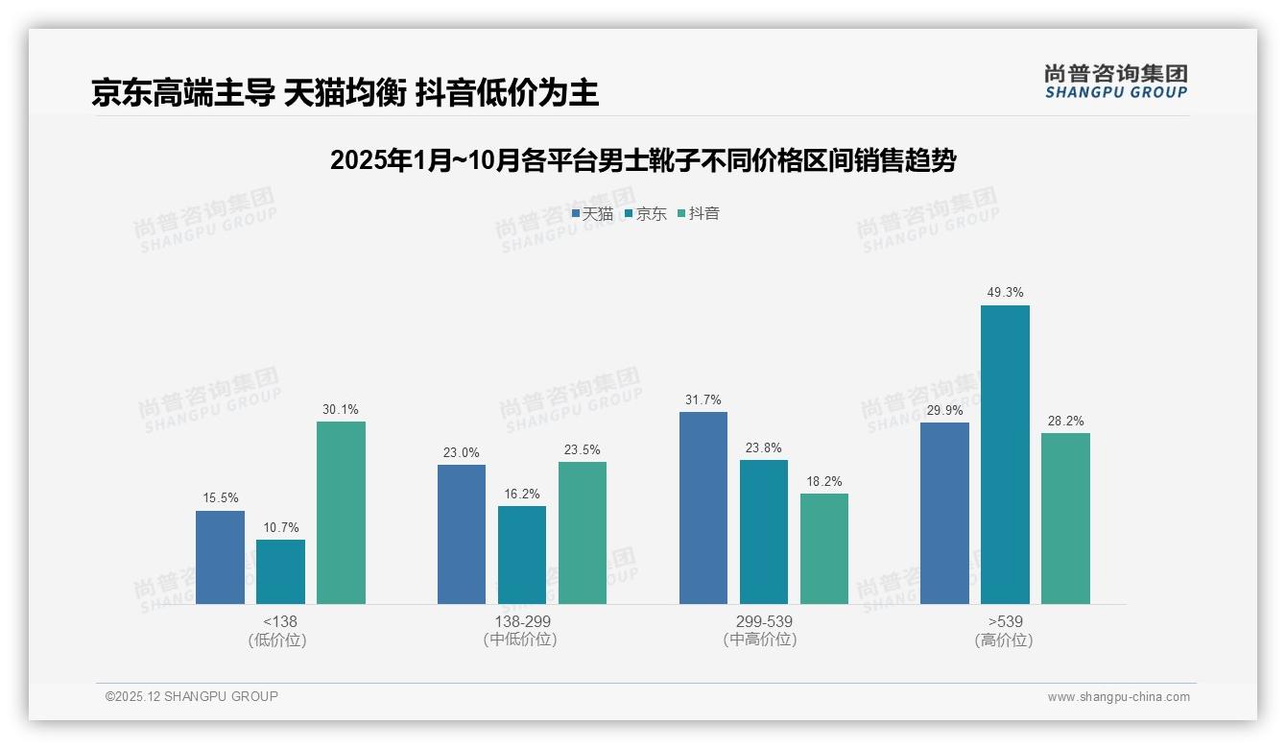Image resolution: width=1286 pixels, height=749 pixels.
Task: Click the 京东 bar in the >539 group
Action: click(x=1005, y=454)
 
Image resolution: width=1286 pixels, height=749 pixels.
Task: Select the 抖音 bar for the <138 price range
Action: click(x=341, y=513)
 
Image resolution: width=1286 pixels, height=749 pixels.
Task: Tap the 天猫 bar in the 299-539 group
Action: click(x=703, y=508)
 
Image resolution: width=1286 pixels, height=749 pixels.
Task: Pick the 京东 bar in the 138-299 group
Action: click(x=522, y=555)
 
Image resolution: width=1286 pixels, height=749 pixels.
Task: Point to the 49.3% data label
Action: click(x=1005, y=293)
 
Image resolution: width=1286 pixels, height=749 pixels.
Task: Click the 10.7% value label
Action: click(x=280, y=527)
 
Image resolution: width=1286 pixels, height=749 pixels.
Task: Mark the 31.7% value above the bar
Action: click(x=703, y=399)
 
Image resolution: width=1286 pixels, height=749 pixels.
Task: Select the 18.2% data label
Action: click(x=823, y=481)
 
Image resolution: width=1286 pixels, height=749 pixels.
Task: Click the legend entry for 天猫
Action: click(x=592, y=213)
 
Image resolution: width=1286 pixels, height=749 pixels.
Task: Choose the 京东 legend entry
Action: click(x=645, y=213)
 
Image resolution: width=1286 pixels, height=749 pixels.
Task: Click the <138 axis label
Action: click(x=280, y=621)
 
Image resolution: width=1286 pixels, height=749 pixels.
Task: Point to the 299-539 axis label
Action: click(x=764, y=621)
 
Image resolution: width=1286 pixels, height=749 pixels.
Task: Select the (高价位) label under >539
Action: click(x=1005, y=640)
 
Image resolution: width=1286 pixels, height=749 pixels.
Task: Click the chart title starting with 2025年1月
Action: click(x=643, y=160)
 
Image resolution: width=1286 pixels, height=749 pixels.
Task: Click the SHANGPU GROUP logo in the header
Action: click(x=1115, y=82)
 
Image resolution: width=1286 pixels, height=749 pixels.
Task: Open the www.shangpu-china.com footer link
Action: click(x=1118, y=697)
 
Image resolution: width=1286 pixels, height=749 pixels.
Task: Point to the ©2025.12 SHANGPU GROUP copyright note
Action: click(x=192, y=696)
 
